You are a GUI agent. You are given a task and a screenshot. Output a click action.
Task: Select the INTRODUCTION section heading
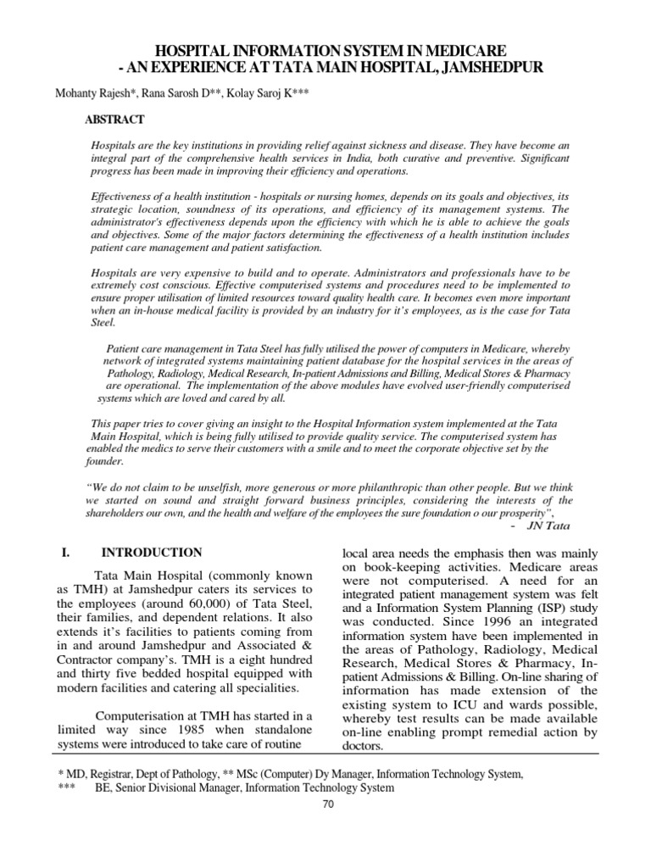coord(149,553)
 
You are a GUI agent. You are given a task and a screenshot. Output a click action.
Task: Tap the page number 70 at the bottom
coord(325,805)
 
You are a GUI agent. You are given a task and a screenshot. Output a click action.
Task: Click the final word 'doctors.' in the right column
coord(362,747)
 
